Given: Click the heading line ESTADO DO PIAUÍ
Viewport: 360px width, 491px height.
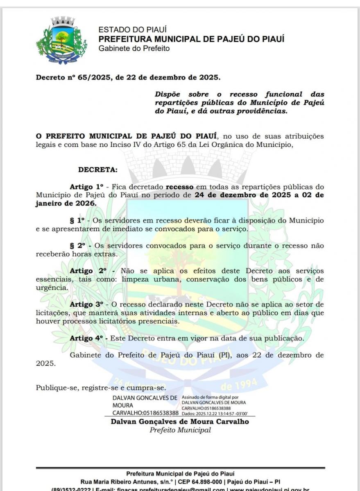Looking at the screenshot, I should [127, 30].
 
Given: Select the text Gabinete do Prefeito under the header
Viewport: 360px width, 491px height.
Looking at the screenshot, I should [134, 49].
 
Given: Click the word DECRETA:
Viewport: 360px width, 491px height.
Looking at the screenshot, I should [97, 169].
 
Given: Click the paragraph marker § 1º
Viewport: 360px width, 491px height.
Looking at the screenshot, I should [77, 221].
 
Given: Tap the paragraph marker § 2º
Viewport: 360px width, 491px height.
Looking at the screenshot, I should [77, 246].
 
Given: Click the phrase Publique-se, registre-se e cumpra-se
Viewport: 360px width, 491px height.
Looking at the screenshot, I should [101, 388].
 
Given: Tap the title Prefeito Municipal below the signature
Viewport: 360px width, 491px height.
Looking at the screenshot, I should [180, 430].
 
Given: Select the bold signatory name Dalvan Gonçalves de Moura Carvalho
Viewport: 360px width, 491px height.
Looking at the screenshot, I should [180, 421].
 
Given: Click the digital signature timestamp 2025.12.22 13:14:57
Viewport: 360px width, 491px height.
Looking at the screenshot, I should [217, 413].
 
